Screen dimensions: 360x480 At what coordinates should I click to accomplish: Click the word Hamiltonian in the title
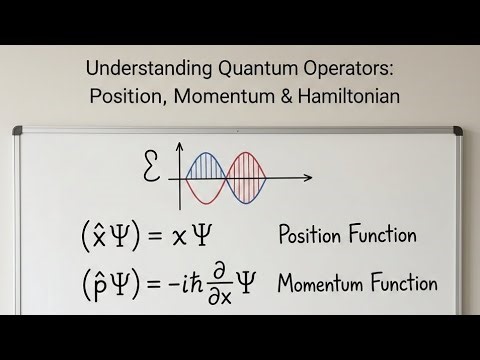click(x=341, y=98)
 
